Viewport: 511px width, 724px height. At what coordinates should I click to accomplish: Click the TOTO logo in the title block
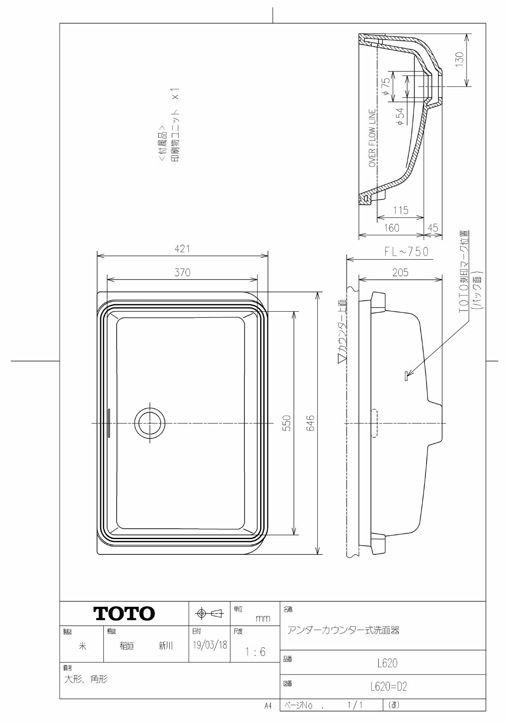124,613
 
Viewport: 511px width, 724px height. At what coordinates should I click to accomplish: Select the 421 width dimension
182,248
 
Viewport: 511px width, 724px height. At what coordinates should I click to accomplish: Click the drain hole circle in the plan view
150,424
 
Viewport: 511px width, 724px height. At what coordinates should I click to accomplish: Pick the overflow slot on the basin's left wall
109,423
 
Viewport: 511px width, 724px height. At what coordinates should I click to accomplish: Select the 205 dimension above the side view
400,272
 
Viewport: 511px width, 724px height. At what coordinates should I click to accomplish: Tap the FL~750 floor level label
406,252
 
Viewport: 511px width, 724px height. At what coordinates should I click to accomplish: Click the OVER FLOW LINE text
372,138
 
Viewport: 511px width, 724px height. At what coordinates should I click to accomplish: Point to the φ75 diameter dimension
386,87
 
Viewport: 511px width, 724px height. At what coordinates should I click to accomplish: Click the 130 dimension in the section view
460,60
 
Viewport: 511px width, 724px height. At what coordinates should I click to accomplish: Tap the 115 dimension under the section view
400,211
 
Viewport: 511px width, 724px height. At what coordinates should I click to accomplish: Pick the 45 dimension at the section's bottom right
433,228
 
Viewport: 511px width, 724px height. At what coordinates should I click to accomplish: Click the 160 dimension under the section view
391,228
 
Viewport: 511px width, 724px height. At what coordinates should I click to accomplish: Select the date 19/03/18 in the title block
210,645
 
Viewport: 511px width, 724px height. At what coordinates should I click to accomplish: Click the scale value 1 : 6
255,652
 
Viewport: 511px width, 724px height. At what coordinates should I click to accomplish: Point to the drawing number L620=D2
388,686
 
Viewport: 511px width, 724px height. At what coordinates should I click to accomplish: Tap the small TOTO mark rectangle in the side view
406,376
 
